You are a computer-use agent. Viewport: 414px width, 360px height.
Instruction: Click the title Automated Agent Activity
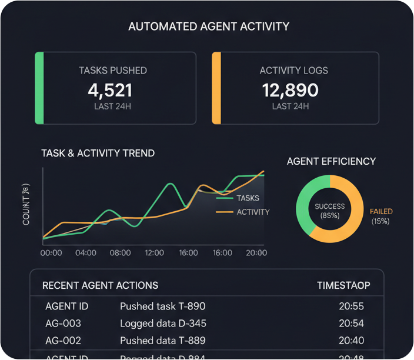[x=209, y=26]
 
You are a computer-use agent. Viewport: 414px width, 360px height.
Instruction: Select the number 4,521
[x=110, y=90]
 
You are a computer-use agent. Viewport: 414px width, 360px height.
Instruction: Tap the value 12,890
[x=290, y=90]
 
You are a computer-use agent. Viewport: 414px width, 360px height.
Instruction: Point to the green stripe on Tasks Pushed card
[x=39, y=88]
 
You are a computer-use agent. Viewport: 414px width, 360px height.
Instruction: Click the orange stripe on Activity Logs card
[x=216, y=88]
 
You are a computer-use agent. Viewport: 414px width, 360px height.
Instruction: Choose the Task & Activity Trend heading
[x=98, y=153]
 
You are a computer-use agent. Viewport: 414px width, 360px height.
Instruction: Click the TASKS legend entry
[x=248, y=198]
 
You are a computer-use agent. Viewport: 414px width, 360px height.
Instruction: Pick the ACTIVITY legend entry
[x=253, y=212]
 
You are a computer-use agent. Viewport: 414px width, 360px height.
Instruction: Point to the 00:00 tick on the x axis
[x=51, y=253]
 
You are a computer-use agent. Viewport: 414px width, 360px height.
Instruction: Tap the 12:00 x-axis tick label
[x=154, y=253]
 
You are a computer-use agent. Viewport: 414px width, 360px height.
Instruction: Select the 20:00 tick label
[x=256, y=253]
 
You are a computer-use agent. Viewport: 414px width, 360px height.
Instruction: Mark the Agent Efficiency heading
[x=331, y=161]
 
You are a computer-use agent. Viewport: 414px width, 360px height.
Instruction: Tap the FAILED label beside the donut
[x=381, y=212]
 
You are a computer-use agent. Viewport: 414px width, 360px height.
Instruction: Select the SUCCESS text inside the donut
[x=330, y=206]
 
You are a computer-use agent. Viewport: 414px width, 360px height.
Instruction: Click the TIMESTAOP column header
[x=343, y=285]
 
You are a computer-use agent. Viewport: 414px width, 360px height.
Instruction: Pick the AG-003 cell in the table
[x=63, y=324]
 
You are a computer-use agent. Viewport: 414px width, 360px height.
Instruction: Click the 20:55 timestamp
[x=352, y=306]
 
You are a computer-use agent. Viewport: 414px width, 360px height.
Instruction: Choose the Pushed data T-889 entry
[x=162, y=341]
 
